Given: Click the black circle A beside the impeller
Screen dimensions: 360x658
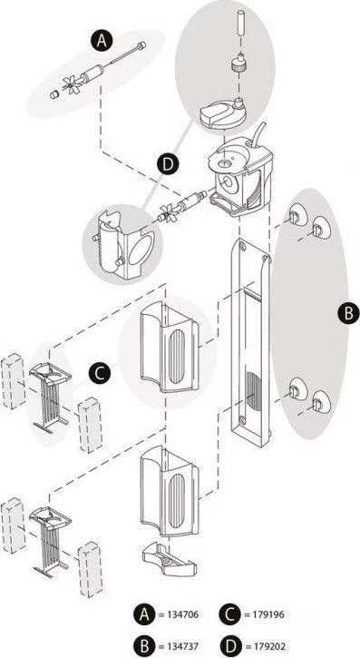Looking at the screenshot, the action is pos(102,41).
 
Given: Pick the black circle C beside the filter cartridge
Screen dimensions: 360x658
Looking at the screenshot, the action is pos(100,373).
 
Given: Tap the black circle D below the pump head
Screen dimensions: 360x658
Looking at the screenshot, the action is pos(167,164).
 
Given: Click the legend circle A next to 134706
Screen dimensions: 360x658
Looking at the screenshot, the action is pos(144,615).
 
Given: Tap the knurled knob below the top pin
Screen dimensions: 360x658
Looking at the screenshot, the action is pos(238,64).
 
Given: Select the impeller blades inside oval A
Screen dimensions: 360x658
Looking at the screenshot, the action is pos(69,83).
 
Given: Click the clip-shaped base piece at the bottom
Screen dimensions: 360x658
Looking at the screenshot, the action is pos(170,557).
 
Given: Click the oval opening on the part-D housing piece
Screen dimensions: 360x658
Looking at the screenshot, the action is pos(139,250).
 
